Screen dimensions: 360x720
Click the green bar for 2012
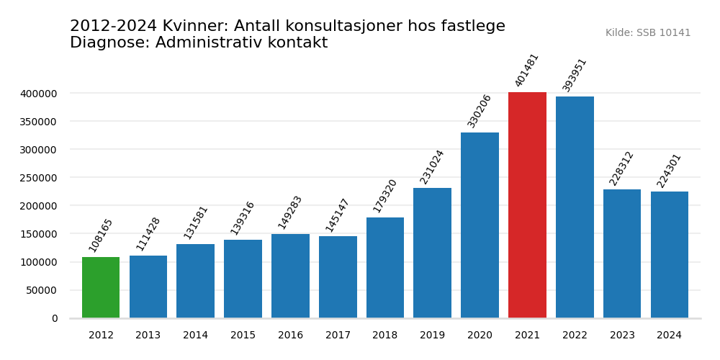click(101, 287)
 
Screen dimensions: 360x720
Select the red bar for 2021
click(527, 205)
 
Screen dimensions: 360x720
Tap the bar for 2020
click(480, 225)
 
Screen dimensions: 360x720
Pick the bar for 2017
click(338, 277)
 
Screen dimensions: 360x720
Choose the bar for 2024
click(670, 255)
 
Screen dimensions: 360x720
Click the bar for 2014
click(195, 281)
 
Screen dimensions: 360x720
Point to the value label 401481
click(527, 70)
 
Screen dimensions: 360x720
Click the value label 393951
click(575, 75)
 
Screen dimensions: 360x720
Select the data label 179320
click(385, 196)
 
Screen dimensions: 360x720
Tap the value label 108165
click(101, 235)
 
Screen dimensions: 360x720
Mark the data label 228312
click(622, 168)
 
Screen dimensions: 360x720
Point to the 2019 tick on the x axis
click(432, 336)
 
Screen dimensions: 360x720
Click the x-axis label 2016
click(290, 336)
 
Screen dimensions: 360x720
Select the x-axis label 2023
click(622, 336)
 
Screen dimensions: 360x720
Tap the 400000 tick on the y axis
click(39, 94)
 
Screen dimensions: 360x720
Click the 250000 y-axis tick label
click(39, 178)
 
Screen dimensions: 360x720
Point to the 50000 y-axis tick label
click(42, 290)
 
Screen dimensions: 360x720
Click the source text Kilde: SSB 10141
click(647, 33)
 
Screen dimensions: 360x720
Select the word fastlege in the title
click(470, 27)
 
